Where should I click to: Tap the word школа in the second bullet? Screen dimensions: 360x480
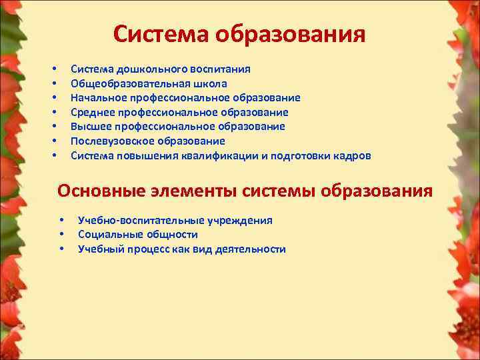click(211, 83)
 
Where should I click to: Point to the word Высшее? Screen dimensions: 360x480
click(91, 127)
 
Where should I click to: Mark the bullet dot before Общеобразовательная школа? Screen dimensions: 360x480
click(53, 84)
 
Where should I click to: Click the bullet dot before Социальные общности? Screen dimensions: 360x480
click(61, 235)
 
